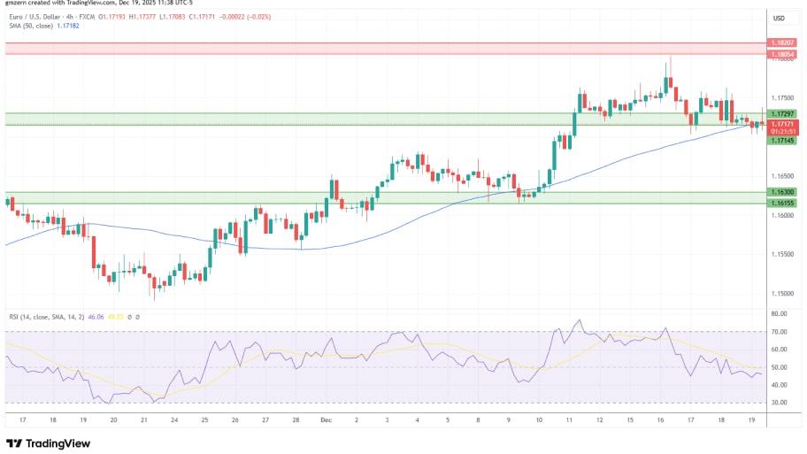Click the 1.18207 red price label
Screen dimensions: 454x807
click(x=782, y=42)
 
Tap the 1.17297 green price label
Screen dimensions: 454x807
click(x=782, y=114)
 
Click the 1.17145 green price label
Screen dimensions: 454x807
click(x=782, y=141)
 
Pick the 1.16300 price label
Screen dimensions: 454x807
click(x=782, y=191)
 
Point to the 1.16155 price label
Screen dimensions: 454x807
click(x=782, y=203)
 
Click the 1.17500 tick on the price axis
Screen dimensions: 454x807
click(x=782, y=97)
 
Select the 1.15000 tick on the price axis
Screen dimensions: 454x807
click(x=782, y=293)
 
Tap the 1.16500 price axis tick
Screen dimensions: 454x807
click(x=782, y=176)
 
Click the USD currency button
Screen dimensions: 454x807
click(x=780, y=18)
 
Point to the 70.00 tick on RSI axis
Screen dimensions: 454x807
click(x=779, y=332)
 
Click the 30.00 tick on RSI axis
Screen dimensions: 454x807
click(x=779, y=402)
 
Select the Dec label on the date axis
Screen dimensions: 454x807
click(x=326, y=420)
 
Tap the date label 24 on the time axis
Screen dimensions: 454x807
click(x=174, y=420)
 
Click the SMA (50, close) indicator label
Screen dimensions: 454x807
click(x=39, y=27)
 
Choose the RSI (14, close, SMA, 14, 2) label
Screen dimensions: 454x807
click(x=49, y=315)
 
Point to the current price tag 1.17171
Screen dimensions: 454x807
click(x=782, y=124)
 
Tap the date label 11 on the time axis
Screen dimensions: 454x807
click(x=570, y=420)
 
